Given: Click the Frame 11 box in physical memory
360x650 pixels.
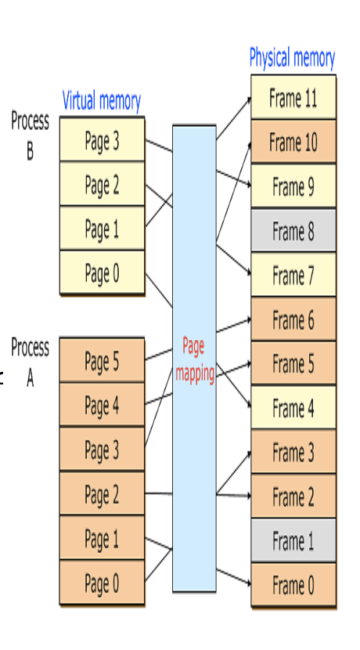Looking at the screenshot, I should click(293, 98).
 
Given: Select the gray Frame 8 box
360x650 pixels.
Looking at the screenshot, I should click(293, 231).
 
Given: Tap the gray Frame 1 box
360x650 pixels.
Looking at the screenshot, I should click(293, 540).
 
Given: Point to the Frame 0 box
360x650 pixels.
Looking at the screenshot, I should click(293, 585).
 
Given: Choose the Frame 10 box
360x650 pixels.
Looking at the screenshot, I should click(293, 143).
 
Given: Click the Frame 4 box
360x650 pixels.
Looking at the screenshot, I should click(293, 408).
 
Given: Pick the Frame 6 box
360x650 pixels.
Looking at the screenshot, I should click(293, 320).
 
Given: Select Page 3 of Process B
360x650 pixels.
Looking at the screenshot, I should click(102, 142).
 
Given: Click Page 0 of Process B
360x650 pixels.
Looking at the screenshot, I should click(102, 273).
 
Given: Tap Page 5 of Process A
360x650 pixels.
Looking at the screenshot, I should click(102, 361).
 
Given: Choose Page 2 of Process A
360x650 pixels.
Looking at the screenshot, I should click(102, 494).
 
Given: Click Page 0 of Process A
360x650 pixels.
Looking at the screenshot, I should click(102, 583).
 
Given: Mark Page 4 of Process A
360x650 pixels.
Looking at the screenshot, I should click(102, 405).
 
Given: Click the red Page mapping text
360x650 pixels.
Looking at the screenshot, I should click(194, 359).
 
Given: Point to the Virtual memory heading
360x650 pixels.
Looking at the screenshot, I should click(102, 101).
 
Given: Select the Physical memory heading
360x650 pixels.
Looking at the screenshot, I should click(292, 58).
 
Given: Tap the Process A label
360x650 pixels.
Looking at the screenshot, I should click(30, 361).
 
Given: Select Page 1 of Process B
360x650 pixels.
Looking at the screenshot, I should click(102, 229).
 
